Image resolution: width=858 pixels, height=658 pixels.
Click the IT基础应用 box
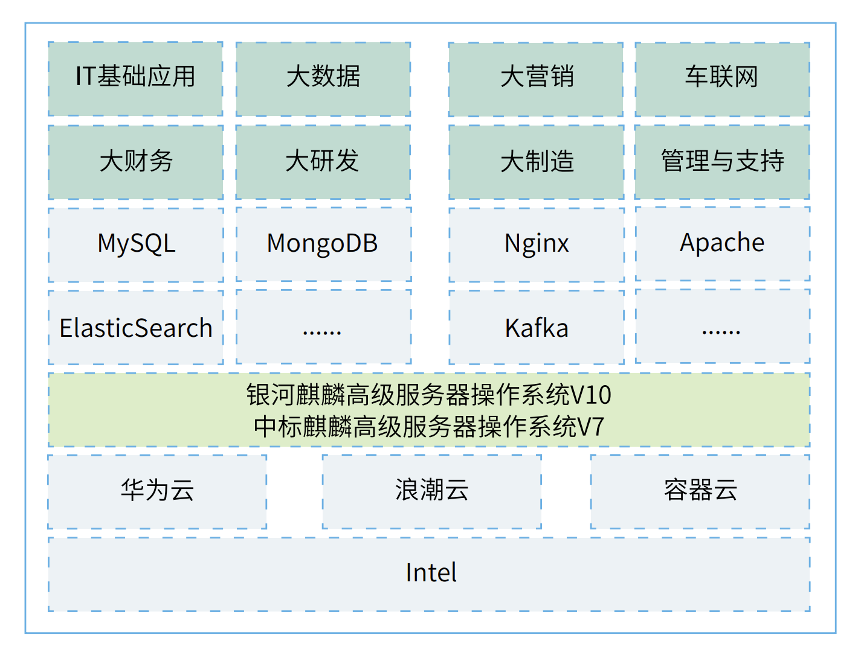135,78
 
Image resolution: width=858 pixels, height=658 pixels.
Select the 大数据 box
323,78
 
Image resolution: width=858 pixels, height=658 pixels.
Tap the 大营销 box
536,78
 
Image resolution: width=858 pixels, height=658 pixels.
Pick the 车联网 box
722,78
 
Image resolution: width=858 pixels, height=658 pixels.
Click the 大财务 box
135,162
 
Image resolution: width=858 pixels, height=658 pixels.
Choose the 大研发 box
323,162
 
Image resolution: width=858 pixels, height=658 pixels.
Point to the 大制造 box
536,162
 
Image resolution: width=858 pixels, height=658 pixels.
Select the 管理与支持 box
722,162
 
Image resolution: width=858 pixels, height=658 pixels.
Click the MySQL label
137,244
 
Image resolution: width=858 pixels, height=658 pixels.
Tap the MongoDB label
323,244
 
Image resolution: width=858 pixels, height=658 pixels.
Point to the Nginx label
537,244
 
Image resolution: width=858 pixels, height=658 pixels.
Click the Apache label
722,243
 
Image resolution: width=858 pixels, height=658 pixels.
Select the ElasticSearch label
136,328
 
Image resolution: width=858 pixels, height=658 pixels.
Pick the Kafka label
537,328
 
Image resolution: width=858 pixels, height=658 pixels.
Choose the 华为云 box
157,491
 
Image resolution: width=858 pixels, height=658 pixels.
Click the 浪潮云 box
431,491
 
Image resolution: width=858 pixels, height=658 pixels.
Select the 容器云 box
700,491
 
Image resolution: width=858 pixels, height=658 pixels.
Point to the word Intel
431,573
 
